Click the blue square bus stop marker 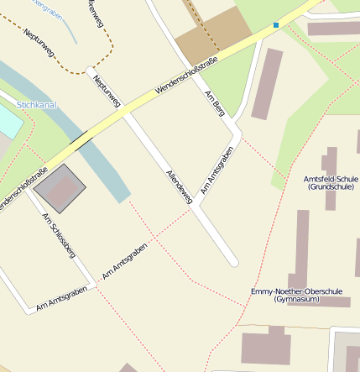[275, 25]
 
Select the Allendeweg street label [180, 186]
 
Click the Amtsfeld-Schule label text [331, 179]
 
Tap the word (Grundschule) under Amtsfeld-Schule [331, 187]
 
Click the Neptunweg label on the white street [107, 92]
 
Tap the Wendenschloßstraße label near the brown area [186, 76]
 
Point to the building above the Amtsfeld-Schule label [331, 160]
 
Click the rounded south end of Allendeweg [233, 262]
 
